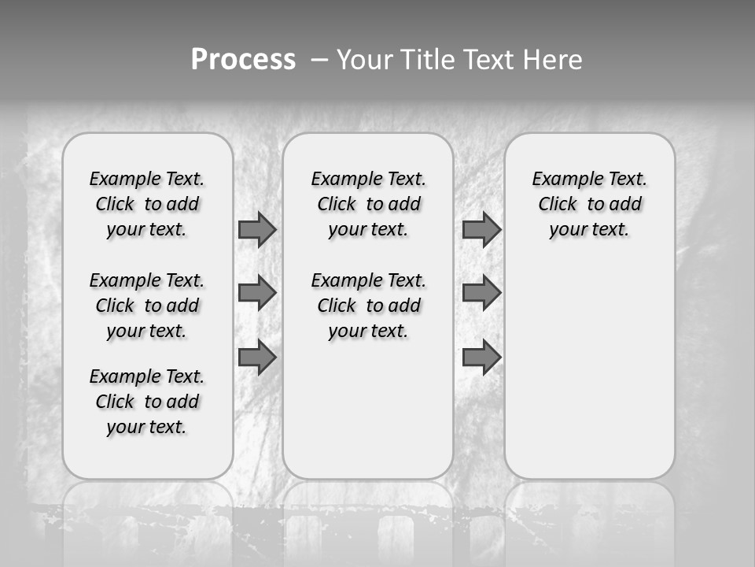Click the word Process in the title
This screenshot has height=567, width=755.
pyautogui.click(x=243, y=60)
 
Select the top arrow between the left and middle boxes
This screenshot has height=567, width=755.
pyautogui.click(x=257, y=229)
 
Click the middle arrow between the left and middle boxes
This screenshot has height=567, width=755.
pyautogui.click(x=257, y=293)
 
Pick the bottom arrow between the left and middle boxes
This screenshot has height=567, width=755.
pyautogui.click(x=257, y=358)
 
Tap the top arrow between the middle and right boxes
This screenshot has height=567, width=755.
pyautogui.click(x=481, y=229)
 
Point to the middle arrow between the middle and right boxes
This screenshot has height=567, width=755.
pyautogui.click(x=481, y=293)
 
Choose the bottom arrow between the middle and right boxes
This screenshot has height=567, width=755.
pyautogui.click(x=481, y=358)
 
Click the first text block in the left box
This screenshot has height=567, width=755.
pyautogui.click(x=147, y=204)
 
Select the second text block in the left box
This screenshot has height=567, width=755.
pyautogui.click(x=147, y=306)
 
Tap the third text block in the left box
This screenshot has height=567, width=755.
pyautogui.click(x=147, y=402)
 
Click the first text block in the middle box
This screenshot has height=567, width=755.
pyautogui.click(x=368, y=204)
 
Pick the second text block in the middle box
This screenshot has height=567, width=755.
pyautogui.click(x=368, y=306)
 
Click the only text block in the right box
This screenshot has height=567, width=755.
pyautogui.click(x=589, y=204)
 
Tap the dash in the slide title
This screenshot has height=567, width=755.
pyautogui.click(x=319, y=61)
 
